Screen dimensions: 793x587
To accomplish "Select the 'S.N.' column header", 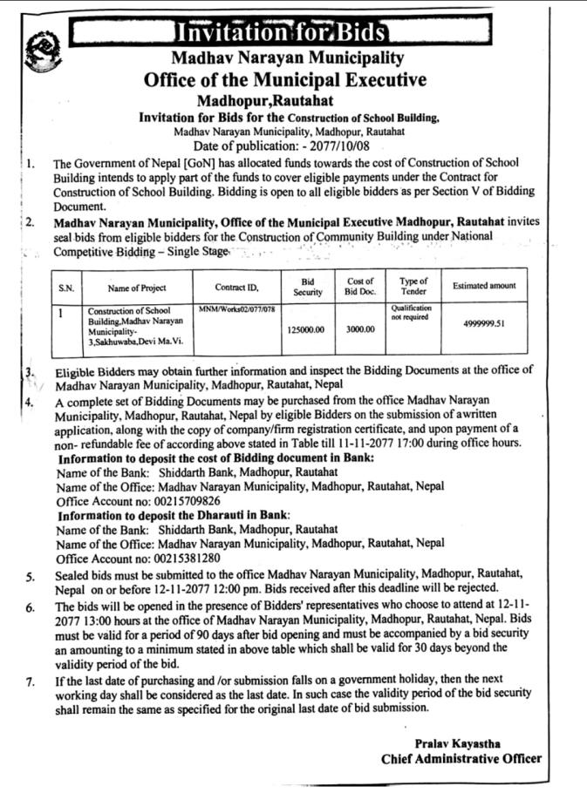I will click(66, 287).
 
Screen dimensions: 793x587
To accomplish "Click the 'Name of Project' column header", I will click(137, 287).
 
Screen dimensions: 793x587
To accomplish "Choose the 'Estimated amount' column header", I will click(484, 286).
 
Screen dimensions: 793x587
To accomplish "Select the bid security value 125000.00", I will click(306, 329).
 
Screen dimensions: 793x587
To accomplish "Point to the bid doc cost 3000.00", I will click(359, 329).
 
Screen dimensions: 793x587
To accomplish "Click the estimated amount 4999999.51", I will click(484, 324).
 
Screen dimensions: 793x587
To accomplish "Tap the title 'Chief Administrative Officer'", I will click(461, 758).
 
